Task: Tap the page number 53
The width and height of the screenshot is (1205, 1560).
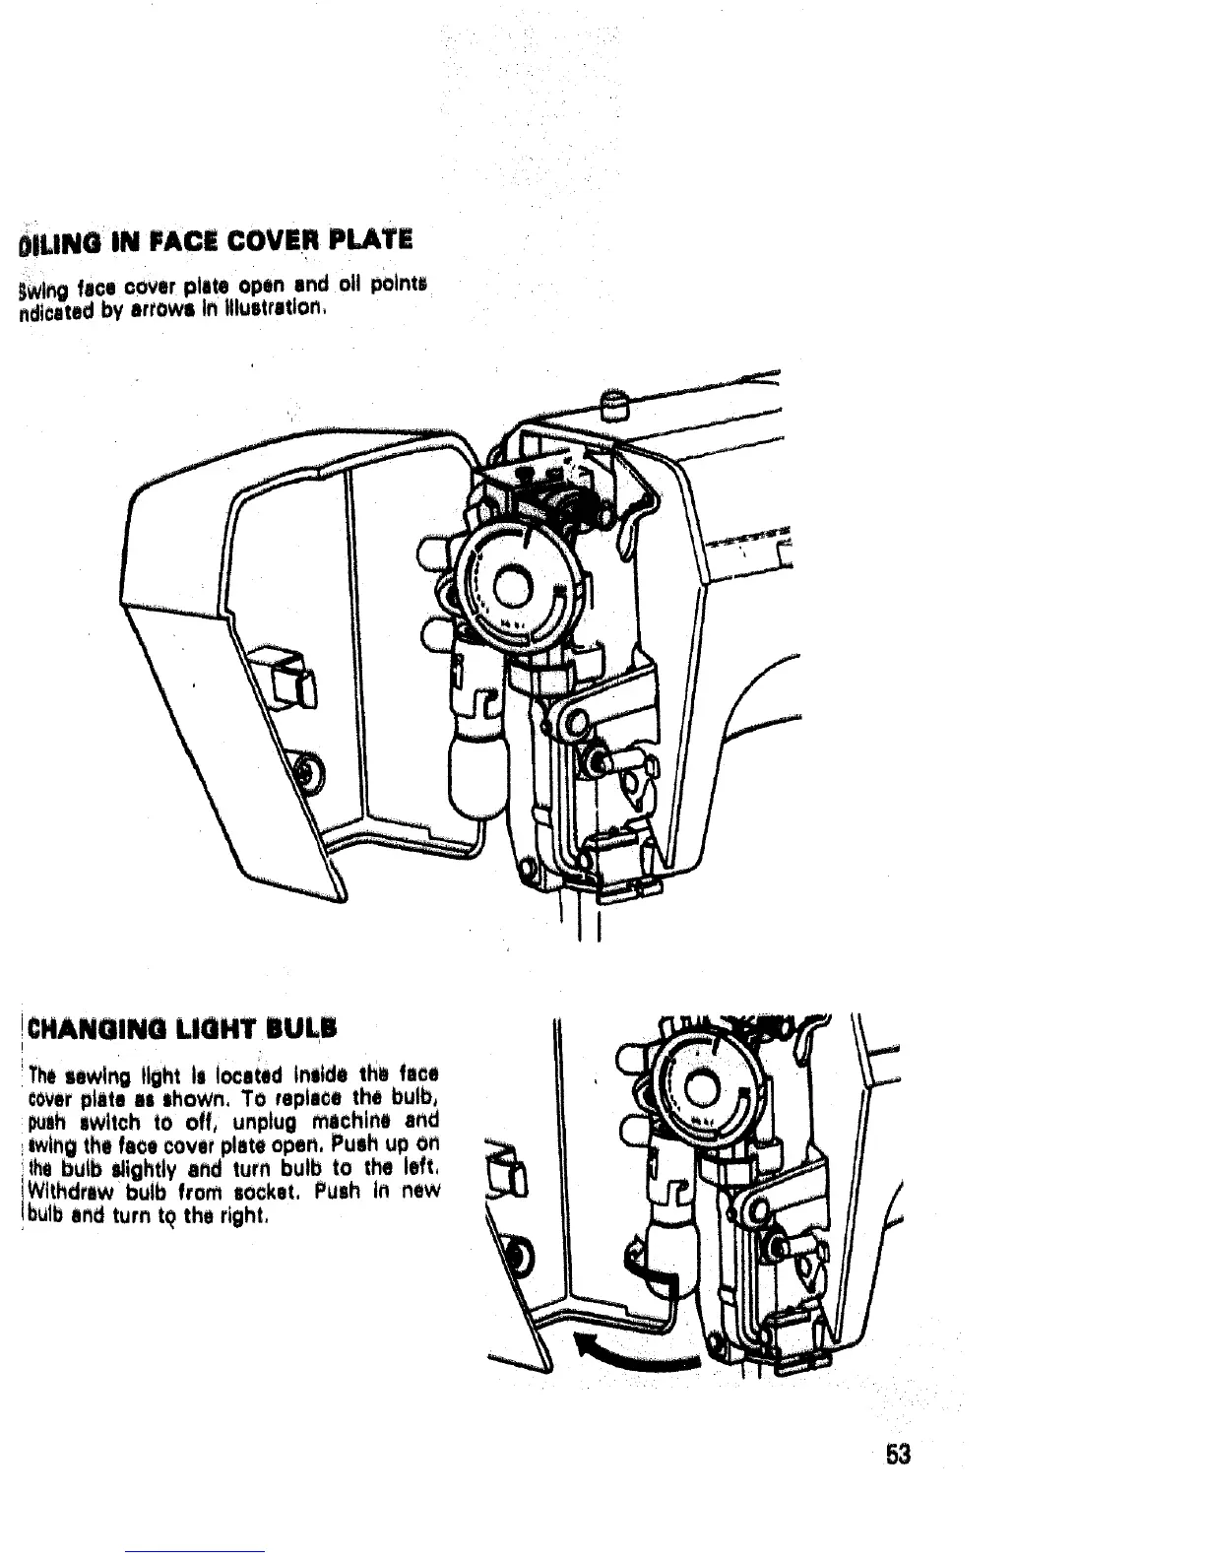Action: [896, 1455]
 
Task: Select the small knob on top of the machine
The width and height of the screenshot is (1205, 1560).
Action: [615, 402]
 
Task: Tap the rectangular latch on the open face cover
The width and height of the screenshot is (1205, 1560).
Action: [283, 677]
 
